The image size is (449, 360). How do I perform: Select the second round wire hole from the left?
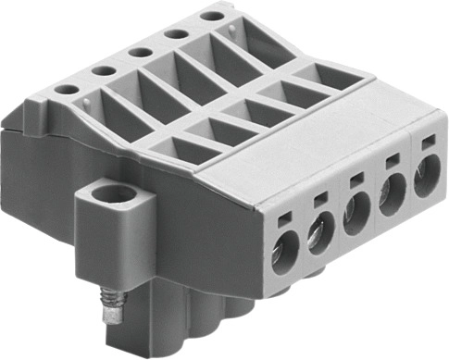point(319,233)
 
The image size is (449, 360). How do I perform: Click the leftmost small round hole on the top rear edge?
point(67,89)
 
